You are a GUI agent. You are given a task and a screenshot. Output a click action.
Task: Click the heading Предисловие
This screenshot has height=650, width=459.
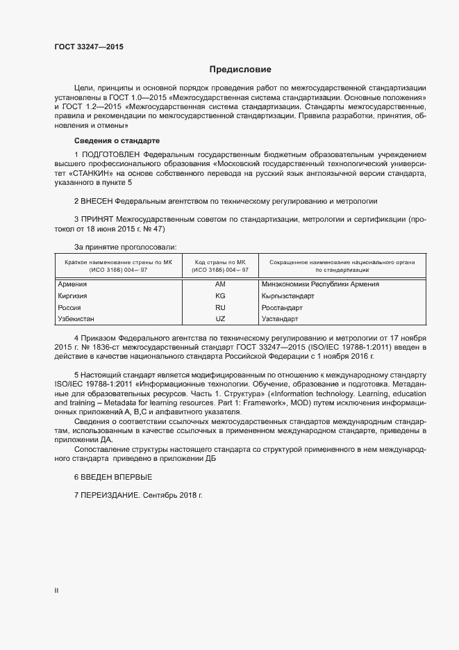tap(240, 70)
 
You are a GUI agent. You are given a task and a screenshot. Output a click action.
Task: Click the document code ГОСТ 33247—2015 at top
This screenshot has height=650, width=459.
tap(88, 47)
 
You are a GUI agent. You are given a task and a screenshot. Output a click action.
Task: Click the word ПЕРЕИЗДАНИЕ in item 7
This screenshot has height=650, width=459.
tap(110, 496)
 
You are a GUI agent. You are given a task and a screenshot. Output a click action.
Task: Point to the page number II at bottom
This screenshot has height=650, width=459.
tap(56, 591)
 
